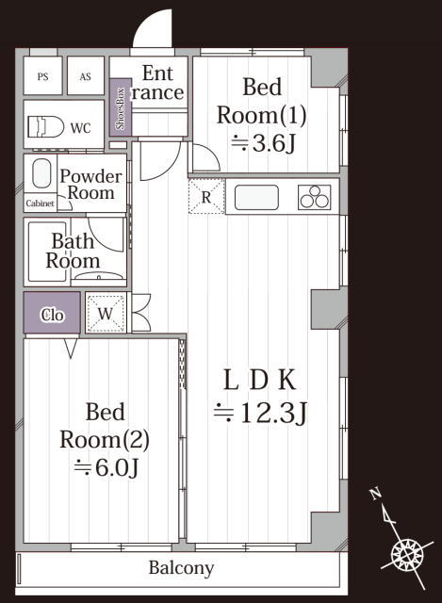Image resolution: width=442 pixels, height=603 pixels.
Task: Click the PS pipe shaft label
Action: [43, 76]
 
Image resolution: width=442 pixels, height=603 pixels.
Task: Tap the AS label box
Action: [86, 75]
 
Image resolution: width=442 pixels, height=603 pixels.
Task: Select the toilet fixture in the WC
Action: [45, 127]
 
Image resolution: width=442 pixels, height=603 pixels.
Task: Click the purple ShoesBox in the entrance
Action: [121, 106]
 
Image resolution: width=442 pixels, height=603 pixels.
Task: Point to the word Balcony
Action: [181, 567]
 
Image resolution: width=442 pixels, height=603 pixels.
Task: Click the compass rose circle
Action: [407, 555]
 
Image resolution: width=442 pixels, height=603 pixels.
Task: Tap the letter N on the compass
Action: [375, 494]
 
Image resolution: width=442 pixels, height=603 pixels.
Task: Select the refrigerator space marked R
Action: [206, 196]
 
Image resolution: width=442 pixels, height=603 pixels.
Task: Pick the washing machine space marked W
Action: [106, 313]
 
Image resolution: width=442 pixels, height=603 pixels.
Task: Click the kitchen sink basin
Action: [256, 198]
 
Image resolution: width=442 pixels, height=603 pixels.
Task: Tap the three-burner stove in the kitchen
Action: [314, 197]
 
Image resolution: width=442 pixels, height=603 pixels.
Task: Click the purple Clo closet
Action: [52, 312]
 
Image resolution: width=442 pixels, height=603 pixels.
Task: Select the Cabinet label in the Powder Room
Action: [40, 203]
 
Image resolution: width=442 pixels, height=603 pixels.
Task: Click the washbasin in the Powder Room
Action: [41, 174]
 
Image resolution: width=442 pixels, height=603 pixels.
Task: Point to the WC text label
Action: [80, 128]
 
